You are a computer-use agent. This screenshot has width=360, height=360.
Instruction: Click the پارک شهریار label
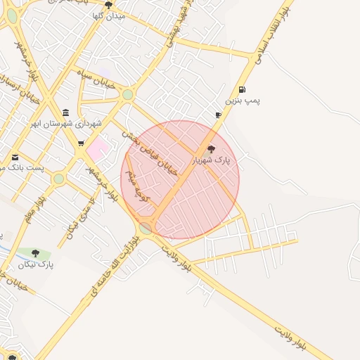212,160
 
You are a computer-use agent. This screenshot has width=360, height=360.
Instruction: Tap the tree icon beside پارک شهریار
212,149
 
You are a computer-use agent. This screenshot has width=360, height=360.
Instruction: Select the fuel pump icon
243,90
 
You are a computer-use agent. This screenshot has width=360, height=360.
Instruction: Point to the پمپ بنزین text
243,101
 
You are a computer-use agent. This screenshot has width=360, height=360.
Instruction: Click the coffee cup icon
218,115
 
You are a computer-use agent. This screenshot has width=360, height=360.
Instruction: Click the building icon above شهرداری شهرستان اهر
66,112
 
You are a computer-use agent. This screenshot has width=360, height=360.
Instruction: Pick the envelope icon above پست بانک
15,157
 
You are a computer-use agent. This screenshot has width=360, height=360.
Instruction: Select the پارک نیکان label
36,264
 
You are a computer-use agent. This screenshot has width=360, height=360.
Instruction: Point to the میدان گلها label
108,15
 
